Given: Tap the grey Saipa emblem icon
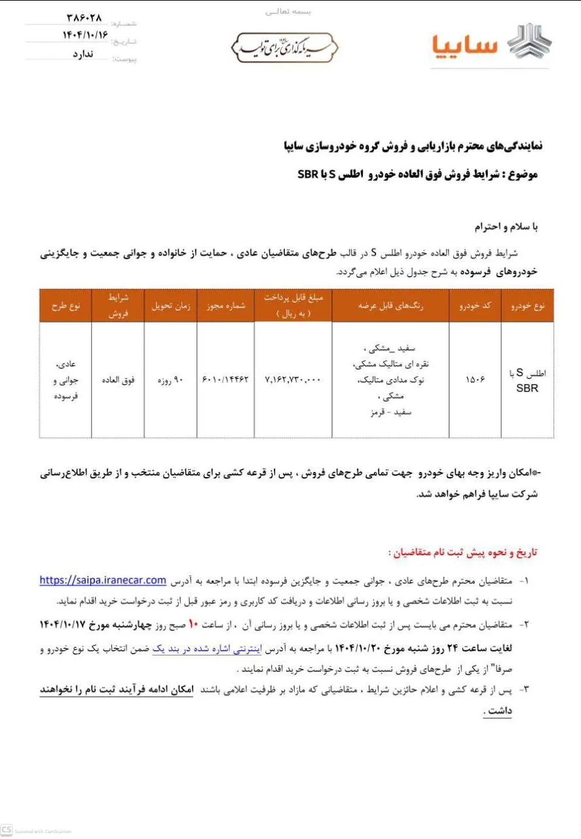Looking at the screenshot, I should click(530, 43).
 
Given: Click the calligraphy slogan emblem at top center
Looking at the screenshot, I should click(285, 48).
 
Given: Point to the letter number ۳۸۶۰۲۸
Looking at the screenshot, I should click(86, 17).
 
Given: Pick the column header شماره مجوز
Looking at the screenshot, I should click(225, 306).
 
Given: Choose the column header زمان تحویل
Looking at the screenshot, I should click(170, 306).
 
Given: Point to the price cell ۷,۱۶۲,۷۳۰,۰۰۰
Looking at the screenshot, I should click(293, 380).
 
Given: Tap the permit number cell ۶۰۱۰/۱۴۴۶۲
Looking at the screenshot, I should click(225, 380).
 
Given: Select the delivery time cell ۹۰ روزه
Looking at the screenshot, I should click(170, 380).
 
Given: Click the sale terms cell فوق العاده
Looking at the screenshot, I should click(118, 380).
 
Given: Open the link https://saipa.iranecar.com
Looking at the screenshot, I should click(103, 580).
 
